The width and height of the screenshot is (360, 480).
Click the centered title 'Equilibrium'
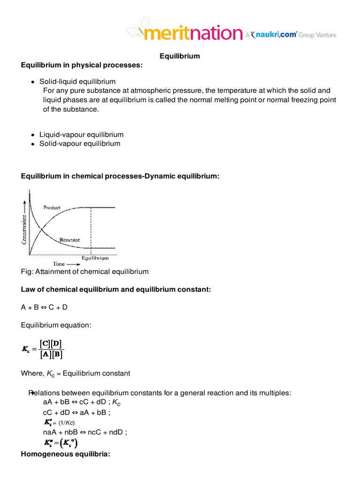click(x=180, y=56)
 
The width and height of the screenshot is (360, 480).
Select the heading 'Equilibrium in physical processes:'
click(x=81, y=65)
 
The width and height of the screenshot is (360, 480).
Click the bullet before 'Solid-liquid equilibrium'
click(x=33, y=82)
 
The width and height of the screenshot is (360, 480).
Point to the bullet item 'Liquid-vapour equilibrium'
click(x=81, y=135)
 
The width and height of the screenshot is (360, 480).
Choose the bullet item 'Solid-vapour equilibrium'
click(x=80, y=143)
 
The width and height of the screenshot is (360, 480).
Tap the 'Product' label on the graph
click(x=52, y=207)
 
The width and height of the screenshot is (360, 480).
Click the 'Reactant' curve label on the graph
click(x=69, y=240)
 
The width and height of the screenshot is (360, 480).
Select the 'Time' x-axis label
click(x=59, y=264)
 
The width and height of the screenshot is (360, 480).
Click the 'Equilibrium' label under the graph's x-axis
click(x=95, y=258)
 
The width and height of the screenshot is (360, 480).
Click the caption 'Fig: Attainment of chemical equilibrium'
click(x=85, y=271)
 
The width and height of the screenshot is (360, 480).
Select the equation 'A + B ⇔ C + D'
click(x=47, y=307)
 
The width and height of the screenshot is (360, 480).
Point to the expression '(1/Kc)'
click(x=66, y=423)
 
